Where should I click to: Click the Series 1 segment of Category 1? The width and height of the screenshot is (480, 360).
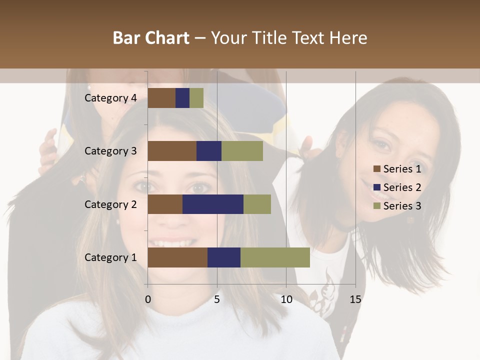coord(177,257)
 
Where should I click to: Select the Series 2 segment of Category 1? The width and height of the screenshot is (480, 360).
coord(224,257)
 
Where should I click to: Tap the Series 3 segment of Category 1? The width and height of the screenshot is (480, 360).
coord(275,257)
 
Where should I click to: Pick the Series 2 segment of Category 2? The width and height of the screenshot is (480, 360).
coord(213,204)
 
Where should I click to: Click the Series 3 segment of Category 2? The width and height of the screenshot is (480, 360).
coord(257,204)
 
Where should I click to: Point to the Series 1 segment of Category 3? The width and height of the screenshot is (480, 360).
coord(172,151)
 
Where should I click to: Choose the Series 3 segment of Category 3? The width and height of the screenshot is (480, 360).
coord(242,151)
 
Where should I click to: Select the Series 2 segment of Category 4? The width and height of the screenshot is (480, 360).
coord(182,98)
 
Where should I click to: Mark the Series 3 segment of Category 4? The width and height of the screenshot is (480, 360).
coord(196,98)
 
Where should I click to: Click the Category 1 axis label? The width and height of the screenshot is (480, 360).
coord(110,257)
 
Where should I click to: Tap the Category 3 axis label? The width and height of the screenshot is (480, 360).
coord(110,151)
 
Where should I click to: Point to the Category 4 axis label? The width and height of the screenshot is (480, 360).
coord(110,98)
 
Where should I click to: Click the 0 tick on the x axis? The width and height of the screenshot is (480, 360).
coord(148,299)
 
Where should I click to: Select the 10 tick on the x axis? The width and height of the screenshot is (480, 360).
coord(286,299)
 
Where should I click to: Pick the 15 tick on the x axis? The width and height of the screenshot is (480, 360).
coord(355,299)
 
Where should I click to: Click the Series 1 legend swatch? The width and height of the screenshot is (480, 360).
coord(376,169)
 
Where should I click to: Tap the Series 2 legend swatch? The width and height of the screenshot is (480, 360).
coord(376,187)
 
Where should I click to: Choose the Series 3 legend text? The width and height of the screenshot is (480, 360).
coord(402,206)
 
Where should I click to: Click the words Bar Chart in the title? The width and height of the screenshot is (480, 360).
coord(151,38)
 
